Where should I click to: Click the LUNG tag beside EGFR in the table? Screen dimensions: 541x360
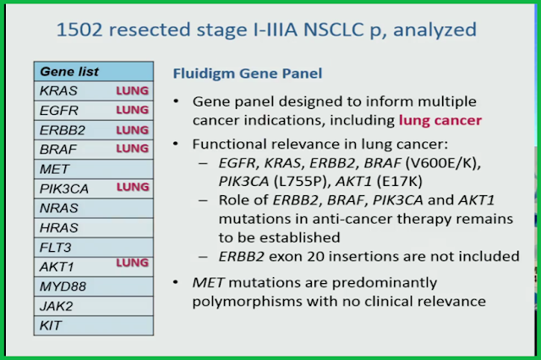tap(132, 110)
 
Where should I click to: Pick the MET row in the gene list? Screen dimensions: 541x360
tap(93, 168)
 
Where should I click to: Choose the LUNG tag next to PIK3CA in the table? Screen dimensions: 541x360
tap(132, 186)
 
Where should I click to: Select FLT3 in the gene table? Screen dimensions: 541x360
tap(55, 246)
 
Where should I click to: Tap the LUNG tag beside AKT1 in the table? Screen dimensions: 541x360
tap(132, 263)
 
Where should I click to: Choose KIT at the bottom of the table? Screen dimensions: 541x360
tap(51, 325)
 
